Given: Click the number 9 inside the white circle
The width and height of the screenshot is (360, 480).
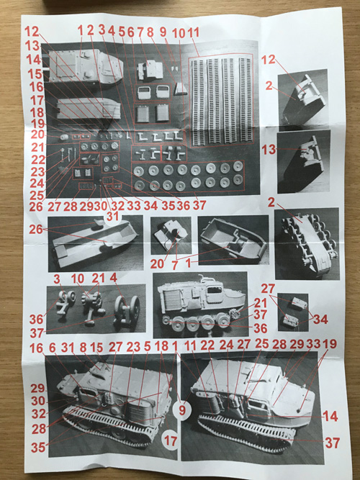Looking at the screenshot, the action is [x=182, y=410].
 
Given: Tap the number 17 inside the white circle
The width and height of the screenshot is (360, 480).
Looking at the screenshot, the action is [x=171, y=441].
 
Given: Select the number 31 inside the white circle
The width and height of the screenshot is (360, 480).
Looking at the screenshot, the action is [x=112, y=217].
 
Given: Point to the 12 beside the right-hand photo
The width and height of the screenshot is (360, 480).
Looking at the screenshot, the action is [x=268, y=60].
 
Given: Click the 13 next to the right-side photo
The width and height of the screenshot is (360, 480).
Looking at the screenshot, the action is [x=269, y=150].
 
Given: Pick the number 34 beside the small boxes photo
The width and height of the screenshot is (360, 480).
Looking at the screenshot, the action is [x=321, y=320].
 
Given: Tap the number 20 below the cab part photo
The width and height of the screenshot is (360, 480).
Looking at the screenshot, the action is [x=157, y=263].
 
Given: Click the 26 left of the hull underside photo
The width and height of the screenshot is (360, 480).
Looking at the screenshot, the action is [x=36, y=229].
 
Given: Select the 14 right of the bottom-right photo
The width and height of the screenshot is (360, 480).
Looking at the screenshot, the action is [x=331, y=417].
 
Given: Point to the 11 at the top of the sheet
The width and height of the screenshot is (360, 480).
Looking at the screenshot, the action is [x=194, y=32].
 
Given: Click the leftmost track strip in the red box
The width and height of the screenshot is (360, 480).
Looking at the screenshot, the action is [x=197, y=101].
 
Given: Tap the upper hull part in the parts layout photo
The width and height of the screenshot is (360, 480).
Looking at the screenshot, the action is [x=86, y=66].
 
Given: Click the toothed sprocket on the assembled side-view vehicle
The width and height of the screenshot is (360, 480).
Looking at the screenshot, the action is [x=235, y=314].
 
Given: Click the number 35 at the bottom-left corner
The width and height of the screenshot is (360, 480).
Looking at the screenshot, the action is [x=38, y=448].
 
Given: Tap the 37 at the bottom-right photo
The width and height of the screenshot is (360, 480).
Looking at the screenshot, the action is [x=333, y=443].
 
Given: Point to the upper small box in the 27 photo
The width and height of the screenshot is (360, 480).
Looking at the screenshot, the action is [x=300, y=303].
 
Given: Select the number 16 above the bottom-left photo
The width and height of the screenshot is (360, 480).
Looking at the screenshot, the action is [x=36, y=348].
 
